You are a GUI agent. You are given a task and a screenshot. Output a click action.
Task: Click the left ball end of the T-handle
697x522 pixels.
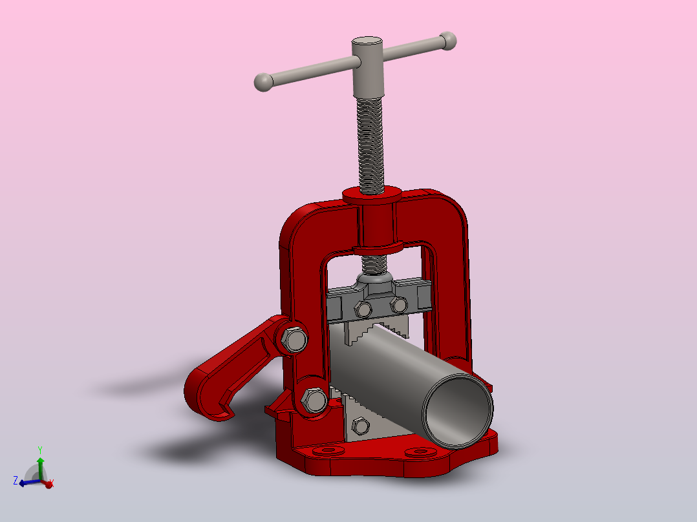pyautogui.click(x=264, y=82)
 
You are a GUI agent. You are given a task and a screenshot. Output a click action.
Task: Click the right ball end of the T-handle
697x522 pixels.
pyautogui.click(x=447, y=41)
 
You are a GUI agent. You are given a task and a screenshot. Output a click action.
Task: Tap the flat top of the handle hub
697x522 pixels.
pyautogui.click(x=367, y=41)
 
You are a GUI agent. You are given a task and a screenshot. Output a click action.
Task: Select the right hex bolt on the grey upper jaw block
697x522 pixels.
pyautogui.click(x=399, y=305)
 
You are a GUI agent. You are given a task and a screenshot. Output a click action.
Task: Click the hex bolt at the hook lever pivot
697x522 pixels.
pyautogui.click(x=294, y=340)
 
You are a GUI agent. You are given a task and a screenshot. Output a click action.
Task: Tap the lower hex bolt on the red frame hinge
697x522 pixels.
pyautogui.click(x=314, y=400)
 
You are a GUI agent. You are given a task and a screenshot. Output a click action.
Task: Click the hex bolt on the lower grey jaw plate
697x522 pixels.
pyautogui.click(x=360, y=426)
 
